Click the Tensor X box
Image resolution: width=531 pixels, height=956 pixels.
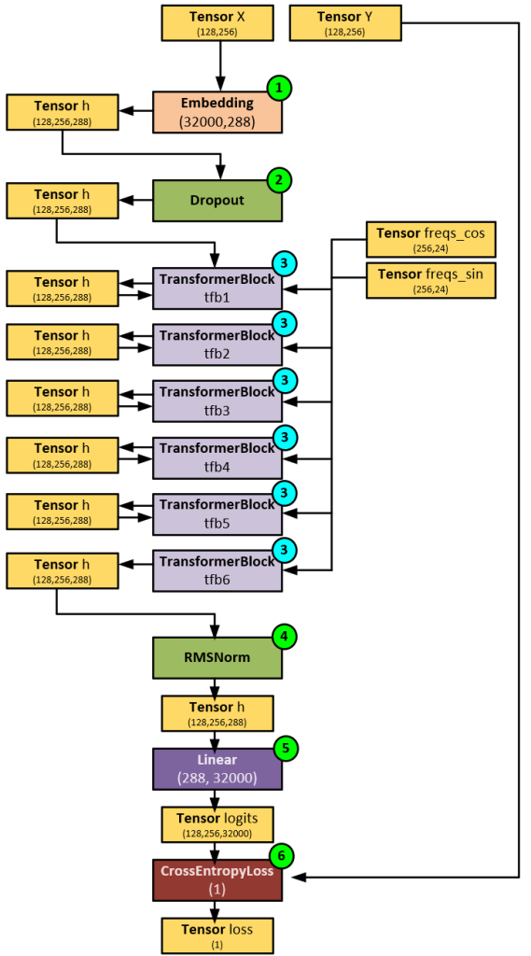coord(217,22)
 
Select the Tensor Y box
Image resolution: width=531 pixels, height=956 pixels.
coord(345,22)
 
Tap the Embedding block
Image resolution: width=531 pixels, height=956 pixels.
coord(217,111)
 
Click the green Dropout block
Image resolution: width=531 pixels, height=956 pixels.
coord(217,200)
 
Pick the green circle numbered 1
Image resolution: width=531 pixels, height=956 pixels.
coord(279,88)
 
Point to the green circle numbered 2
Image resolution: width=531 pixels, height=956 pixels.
coord(279,179)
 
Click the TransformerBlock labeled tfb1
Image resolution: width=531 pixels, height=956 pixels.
coord(217,288)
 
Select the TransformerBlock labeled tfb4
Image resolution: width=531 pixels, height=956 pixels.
coord(217,457)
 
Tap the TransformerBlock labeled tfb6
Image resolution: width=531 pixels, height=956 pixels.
coord(217,570)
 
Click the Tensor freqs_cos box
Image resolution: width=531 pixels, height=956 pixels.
coord(429,240)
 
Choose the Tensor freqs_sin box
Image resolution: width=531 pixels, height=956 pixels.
coord(429,280)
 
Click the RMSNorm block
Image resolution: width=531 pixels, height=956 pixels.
coord(217,657)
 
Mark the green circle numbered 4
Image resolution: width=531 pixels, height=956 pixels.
coord(283,637)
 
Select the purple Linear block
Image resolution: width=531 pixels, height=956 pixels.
coord(217,767)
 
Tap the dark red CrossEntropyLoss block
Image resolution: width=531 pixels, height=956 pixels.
coord(217,879)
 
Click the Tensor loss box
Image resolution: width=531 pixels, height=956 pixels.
coord(217,935)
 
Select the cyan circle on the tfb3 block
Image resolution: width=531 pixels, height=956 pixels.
coord(284,380)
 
